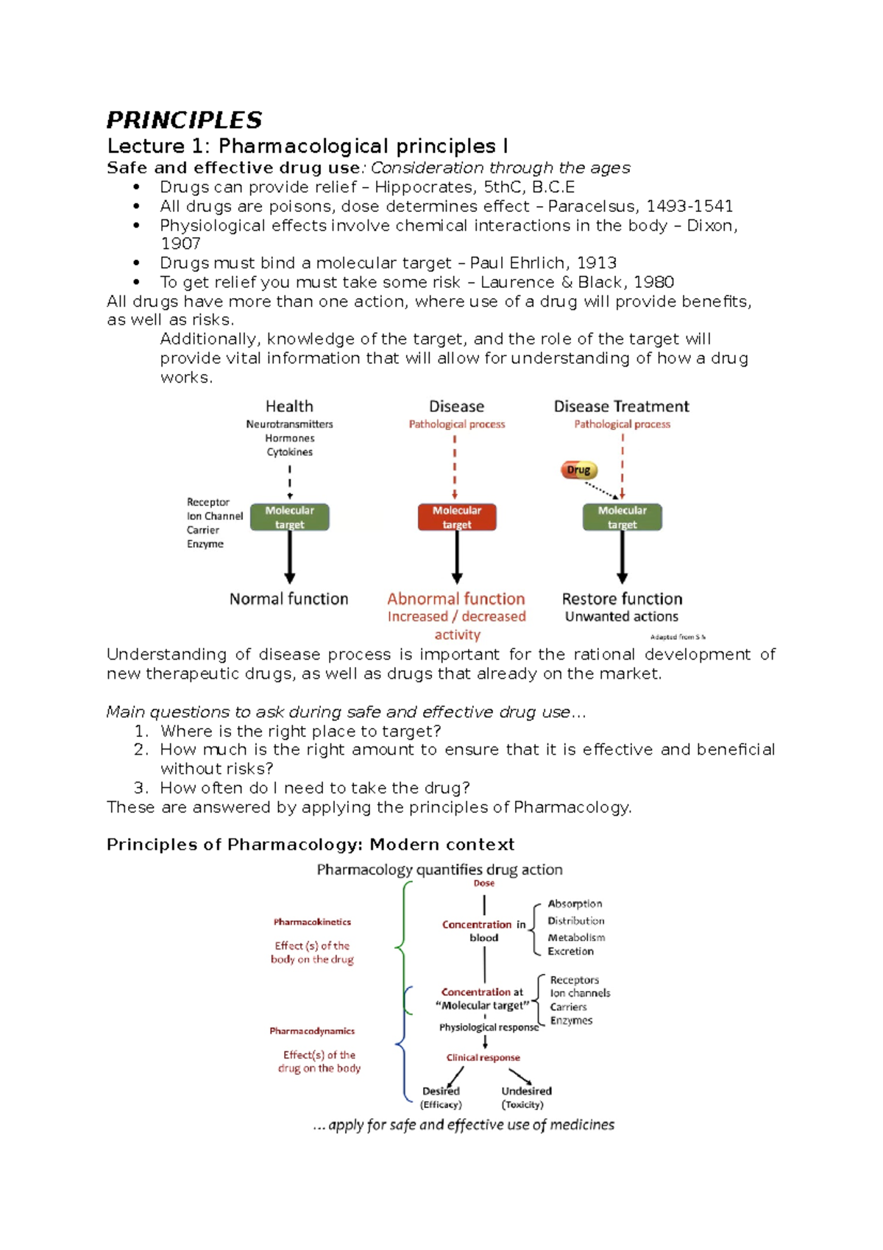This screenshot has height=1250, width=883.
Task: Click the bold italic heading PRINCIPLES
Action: point(184,120)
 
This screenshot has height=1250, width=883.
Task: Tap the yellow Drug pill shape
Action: point(579,470)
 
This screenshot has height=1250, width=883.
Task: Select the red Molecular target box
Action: point(457,517)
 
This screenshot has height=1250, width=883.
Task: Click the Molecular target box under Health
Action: point(290,517)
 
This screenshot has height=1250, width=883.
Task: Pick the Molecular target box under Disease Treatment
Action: point(623,517)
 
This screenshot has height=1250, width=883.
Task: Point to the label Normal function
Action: point(288,598)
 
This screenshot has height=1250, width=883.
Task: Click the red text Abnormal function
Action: point(456,598)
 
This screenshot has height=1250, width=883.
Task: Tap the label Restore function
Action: point(623,598)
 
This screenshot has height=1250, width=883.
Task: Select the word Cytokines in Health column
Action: point(289,452)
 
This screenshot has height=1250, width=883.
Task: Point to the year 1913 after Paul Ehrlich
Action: point(597,263)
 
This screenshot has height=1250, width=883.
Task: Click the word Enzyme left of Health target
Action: point(205,544)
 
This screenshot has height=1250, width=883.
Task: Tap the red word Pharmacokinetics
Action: point(312,922)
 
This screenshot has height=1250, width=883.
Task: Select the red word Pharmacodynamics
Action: point(312,1031)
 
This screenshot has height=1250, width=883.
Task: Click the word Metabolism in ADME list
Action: point(576,937)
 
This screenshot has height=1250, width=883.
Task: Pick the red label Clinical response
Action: point(483,1057)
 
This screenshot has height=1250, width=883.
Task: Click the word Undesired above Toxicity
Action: point(526,1091)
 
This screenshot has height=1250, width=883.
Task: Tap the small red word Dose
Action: point(484,883)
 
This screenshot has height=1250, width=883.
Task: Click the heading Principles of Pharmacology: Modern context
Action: point(310,844)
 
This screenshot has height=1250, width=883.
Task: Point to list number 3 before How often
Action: point(141,788)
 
